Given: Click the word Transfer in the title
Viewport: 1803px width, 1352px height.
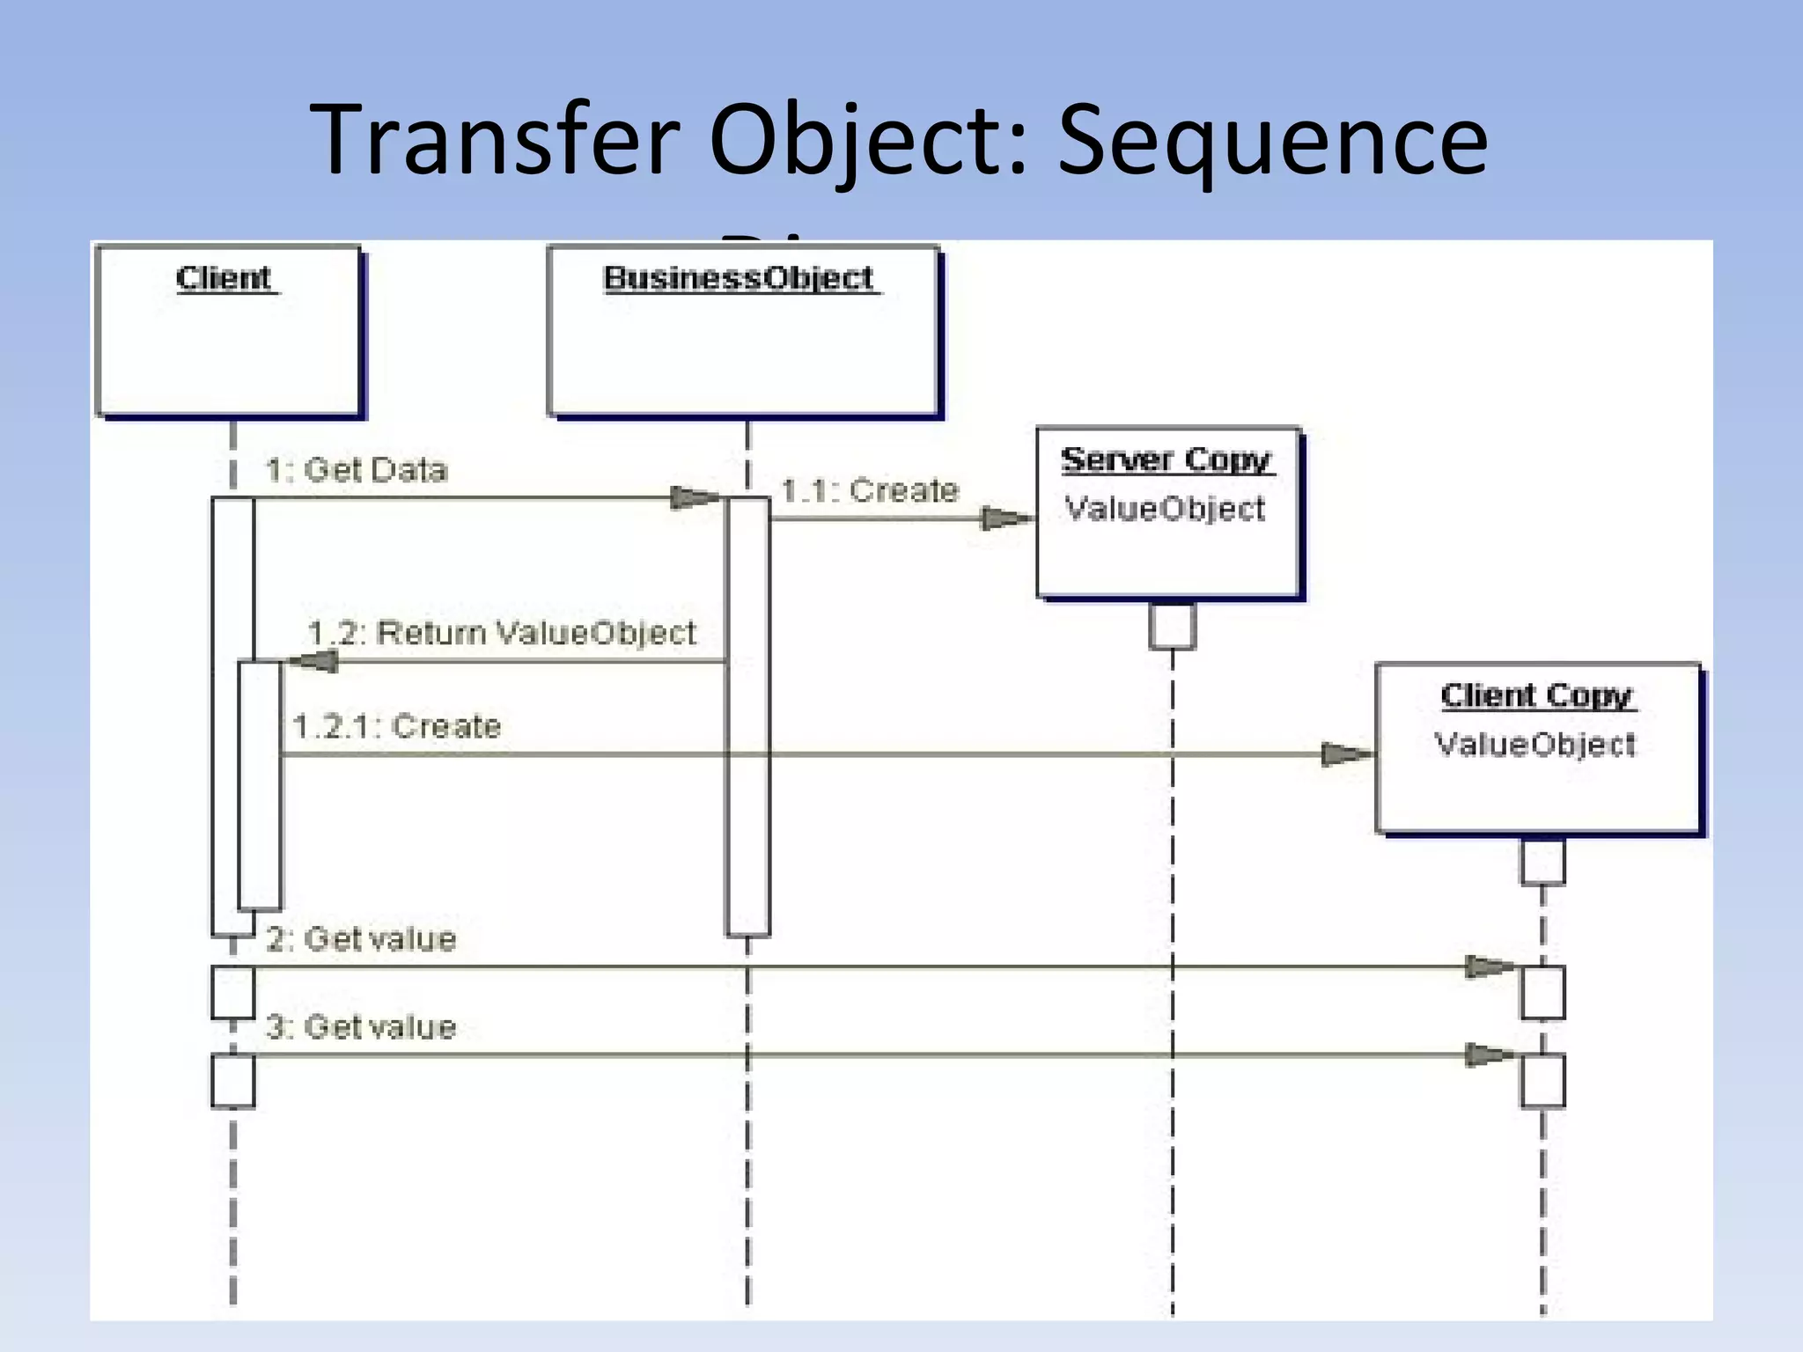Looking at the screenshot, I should pos(496,141).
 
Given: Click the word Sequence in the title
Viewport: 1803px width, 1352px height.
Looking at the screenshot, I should pos(1271,141).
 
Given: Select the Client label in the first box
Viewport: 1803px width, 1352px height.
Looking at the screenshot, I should pos(224,278).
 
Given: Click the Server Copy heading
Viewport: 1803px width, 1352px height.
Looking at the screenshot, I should pos(1166,459).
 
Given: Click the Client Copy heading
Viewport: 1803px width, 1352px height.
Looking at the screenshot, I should pos(1536,695).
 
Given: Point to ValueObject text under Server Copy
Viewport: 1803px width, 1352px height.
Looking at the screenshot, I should pos(1165,509).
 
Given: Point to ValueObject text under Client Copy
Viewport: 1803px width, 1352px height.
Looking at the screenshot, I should pos(1535,745).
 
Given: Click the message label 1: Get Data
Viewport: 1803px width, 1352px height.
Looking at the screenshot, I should pos(357,470).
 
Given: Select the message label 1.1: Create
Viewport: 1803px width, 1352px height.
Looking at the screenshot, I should pos(870,490).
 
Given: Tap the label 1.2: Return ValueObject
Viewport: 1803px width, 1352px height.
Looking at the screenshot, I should pos(502,633).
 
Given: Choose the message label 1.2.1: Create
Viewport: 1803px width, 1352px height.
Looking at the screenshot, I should pos(397,727).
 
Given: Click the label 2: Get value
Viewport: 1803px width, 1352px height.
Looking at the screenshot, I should pos(361,939).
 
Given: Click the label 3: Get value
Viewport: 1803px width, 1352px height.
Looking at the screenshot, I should pos(361,1027).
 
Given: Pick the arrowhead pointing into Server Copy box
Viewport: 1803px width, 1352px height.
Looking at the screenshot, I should pos(1006,518).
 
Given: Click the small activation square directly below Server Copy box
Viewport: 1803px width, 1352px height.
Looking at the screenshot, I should pos(1172,626).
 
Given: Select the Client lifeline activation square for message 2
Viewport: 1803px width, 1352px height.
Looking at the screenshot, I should pos(233,992).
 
